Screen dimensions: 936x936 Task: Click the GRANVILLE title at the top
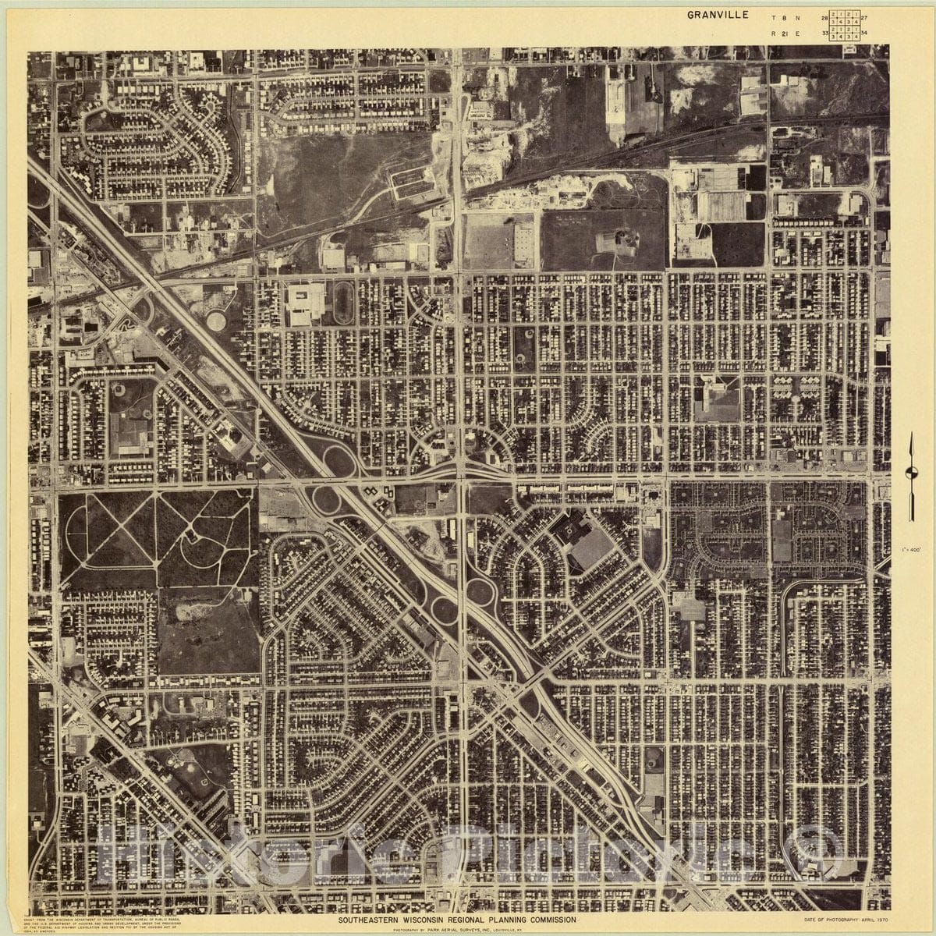click(x=718, y=14)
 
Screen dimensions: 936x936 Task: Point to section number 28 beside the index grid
click(x=824, y=16)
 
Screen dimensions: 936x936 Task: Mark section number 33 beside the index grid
click(x=824, y=34)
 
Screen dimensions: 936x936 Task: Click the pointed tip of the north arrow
click(x=910, y=434)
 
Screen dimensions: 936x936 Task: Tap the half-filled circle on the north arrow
click(x=910, y=471)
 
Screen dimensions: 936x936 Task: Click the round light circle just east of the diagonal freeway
click(x=215, y=319)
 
